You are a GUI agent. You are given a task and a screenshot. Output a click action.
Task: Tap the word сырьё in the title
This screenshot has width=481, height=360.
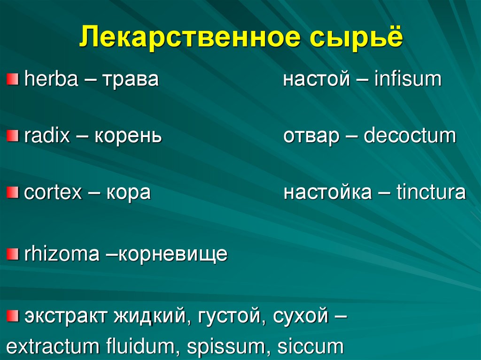click(357, 38)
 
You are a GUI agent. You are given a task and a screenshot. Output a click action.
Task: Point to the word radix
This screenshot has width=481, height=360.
click(47, 137)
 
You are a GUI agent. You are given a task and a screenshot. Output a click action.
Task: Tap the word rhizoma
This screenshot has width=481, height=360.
click(62, 254)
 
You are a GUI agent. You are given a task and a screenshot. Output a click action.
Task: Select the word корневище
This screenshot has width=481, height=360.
click(171, 255)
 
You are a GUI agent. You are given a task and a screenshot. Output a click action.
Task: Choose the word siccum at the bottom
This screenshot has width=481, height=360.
click(310, 347)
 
